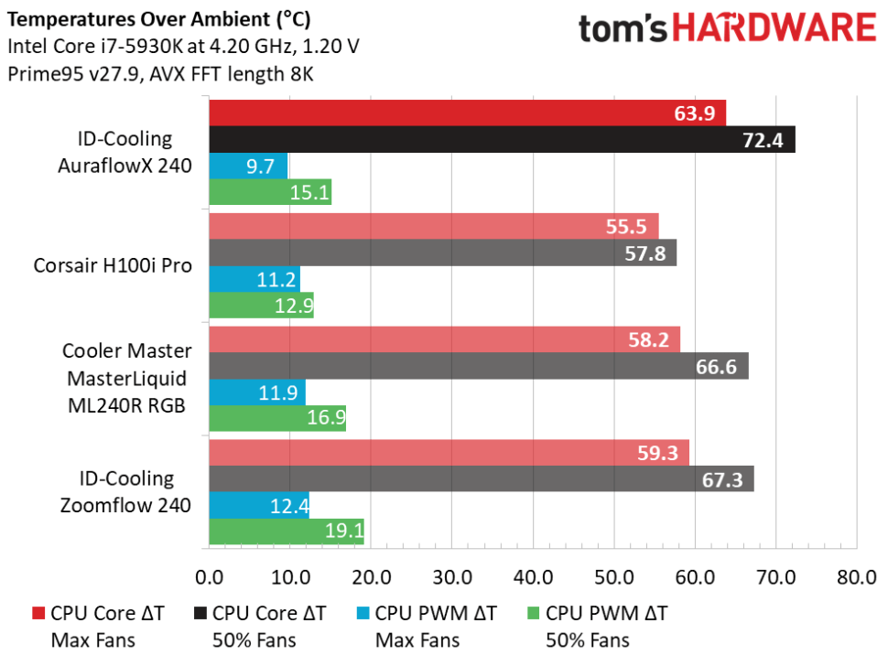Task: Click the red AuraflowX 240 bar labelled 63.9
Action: point(467,113)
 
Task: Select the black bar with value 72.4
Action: point(502,140)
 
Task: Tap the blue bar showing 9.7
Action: point(248,166)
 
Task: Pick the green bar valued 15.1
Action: point(270,192)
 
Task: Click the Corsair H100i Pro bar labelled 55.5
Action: point(433,226)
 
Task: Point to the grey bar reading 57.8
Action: point(442,252)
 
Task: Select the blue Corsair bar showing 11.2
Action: point(254,279)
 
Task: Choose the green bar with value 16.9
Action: point(277,418)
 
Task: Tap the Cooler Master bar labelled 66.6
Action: point(478,366)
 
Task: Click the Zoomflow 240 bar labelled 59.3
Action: point(449,452)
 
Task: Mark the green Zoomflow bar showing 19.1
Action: point(287,531)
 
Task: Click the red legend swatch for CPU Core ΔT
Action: point(37,613)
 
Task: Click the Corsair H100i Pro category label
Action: point(113,266)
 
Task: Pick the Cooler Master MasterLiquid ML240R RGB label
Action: point(127,379)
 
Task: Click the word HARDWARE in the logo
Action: point(777,27)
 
